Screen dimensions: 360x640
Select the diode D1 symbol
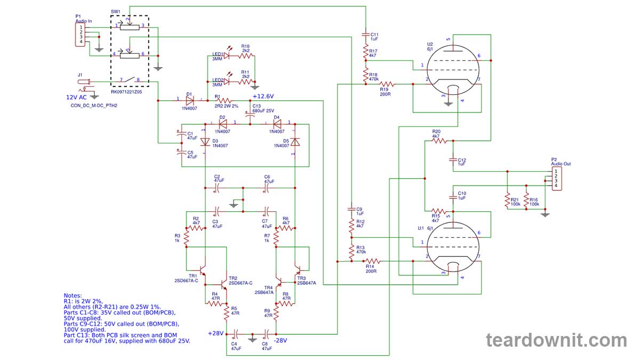tap(189, 100)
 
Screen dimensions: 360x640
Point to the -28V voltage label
tap(280, 340)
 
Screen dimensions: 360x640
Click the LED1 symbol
tap(226, 55)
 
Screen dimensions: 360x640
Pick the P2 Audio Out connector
tap(556, 178)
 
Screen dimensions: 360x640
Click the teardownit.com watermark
tap(556, 340)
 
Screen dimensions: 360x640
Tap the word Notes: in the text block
tap(73, 295)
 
